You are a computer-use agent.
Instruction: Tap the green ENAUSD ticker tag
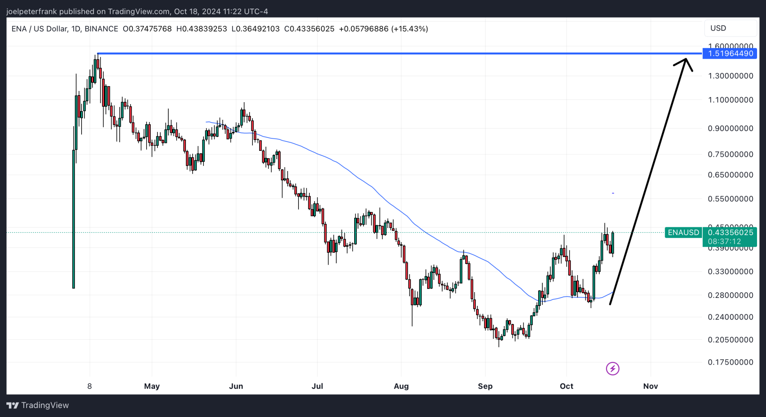(x=683, y=232)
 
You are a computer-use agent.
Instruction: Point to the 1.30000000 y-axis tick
(x=730, y=76)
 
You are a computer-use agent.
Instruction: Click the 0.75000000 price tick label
(x=730, y=154)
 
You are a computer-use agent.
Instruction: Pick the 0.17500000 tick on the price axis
(x=730, y=362)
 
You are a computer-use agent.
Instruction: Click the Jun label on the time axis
(x=236, y=386)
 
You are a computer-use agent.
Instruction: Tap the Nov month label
(x=650, y=386)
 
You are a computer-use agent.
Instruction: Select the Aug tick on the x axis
(x=401, y=386)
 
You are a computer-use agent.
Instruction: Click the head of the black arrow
(x=686, y=60)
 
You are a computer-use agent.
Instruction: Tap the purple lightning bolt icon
(x=613, y=369)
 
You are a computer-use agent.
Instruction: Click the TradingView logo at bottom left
(x=38, y=405)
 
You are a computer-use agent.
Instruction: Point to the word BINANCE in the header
(x=101, y=29)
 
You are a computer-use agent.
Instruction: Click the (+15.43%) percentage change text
(x=410, y=29)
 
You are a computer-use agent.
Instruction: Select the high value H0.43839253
(x=202, y=29)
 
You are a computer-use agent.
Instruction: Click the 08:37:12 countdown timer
(x=724, y=242)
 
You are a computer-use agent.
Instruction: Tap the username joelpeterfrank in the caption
(x=31, y=12)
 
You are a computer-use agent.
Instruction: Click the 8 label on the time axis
(x=89, y=386)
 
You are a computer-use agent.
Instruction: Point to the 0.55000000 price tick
(x=730, y=199)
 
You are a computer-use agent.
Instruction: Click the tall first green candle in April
(x=74, y=219)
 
